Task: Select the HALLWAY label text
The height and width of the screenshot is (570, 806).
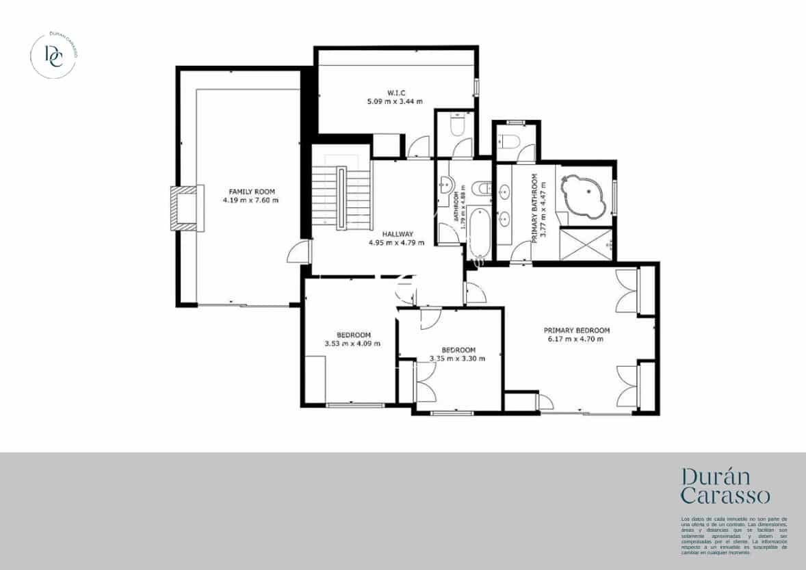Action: point(398,233)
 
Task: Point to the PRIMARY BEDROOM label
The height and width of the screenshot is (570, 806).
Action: point(576,330)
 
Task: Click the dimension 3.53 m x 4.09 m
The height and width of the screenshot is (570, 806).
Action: point(352,344)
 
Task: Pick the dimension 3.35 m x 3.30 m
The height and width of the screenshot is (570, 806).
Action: point(457,358)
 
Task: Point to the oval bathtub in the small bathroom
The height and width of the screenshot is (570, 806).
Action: point(478,233)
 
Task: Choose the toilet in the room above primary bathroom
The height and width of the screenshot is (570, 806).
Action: point(508,142)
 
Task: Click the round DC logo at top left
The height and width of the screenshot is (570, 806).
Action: point(54,55)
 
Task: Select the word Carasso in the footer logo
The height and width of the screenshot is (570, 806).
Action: point(726,495)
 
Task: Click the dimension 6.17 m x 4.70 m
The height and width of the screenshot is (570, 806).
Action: point(576,339)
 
